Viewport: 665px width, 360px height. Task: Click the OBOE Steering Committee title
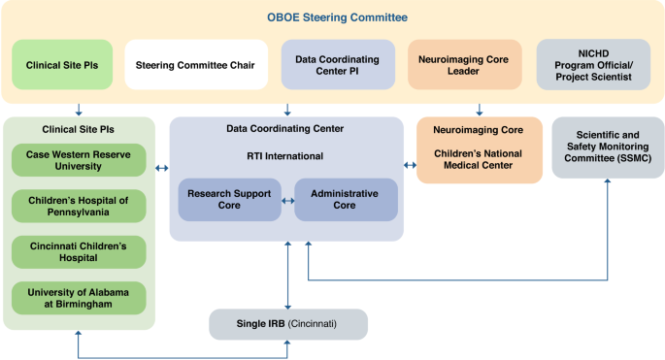click(x=337, y=17)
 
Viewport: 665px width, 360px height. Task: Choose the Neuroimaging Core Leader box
click(x=467, y=65)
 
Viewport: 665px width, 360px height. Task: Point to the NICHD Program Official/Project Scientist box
click(x=592, y=65)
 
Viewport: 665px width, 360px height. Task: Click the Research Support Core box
click(x=229, y=200)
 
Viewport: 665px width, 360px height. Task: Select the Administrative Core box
click(x=346, y=200)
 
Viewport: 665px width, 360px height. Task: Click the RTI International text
click(x=284, y=155)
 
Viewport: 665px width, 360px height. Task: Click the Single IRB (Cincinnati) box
click(x=288, y=324)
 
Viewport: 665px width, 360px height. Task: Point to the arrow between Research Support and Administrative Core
click(x=287, y=201)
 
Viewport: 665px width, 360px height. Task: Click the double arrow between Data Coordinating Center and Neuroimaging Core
click(x=409, y=167)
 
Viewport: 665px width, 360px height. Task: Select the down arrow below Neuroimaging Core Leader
click(x=479, y=109)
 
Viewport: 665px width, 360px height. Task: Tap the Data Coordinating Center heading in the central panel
click(x=284, y=128)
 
